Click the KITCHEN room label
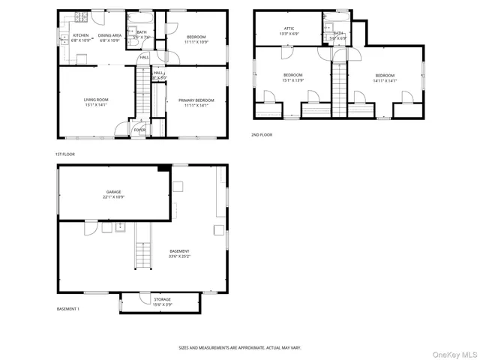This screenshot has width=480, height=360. pyautogui.click(x=80, y=35)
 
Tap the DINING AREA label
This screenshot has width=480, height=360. pyautogui.click(x=109, y=35)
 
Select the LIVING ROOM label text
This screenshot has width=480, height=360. pyautogui.click(x=95, y=100)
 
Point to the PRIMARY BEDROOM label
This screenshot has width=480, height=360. pyautogui.click(x=196, y=100)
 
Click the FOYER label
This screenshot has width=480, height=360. pyautogui.click(x=139, y=130)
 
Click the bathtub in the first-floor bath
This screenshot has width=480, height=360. pyautogui.click(x=141, y=17)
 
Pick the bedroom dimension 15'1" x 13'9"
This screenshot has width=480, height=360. pyautogui.click(x=292, y=79)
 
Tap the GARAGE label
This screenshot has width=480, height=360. pyautogui.click(x=113, y=192)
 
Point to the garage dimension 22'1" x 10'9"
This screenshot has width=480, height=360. pyautogui.click(x=113, y=197)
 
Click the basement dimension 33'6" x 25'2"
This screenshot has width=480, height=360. pyautogui.click(x=179, y=256)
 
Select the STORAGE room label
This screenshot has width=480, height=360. pyautogui.click(x=162, y=299)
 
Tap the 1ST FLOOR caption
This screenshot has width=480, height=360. pyautogui.click(x=65, y=154)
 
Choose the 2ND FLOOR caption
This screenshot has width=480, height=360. pyautogui.click(x=262, y=135)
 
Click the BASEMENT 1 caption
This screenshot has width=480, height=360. pyautogui.click(x=68, y=309)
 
